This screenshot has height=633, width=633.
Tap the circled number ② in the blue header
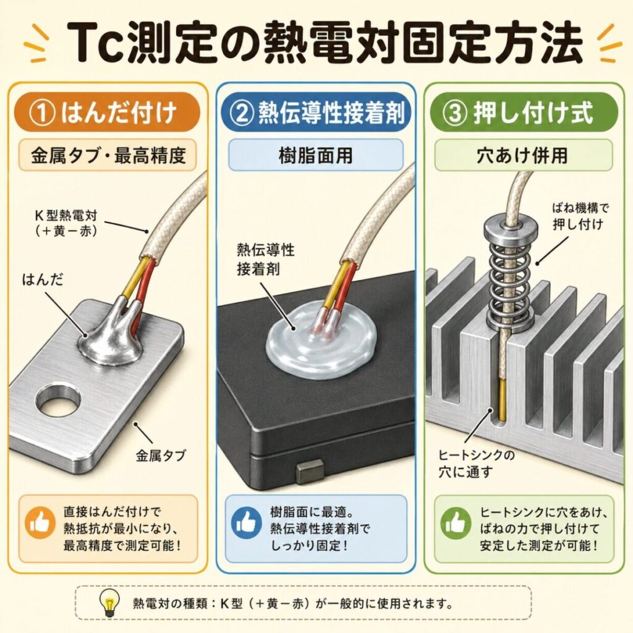(242, 113)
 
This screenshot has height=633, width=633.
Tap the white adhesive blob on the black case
(321, 343)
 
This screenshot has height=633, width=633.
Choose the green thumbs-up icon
(456, 523)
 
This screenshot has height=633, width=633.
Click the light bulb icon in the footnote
(110, 602)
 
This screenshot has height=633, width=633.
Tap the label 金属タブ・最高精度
(108, 155)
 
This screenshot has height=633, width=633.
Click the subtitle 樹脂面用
(316, 155)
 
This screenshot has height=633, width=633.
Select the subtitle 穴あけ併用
(523, 155)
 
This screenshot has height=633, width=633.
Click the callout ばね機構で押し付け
(580, 216)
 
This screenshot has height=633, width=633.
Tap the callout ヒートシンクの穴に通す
(477, 464)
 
